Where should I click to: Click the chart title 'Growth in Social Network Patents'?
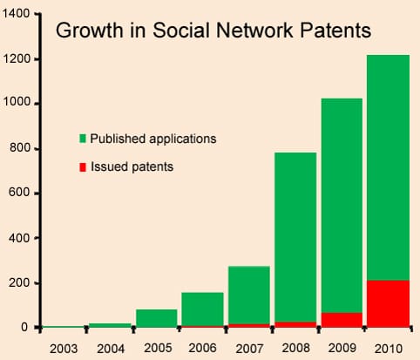pos(213,31)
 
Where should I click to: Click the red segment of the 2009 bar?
pos(342,320)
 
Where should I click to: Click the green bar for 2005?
pos(156,318)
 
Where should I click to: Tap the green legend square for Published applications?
pos(83,139)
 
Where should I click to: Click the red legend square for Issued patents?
pos(83,166)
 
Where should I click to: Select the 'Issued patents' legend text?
pos(132,166)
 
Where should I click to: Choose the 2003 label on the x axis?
pos(64,348)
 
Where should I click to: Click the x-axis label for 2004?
pos(110,348)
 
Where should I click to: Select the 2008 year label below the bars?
pos(295,348)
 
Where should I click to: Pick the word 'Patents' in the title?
pos(335,31)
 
